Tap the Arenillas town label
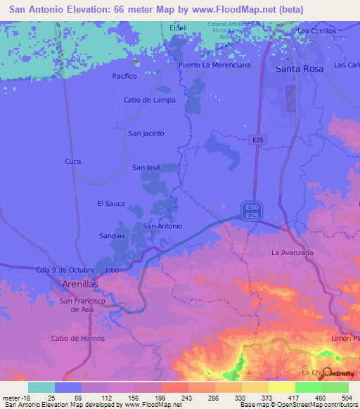(x=77, y=283)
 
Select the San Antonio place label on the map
(x=162, y=226)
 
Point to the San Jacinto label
(x=146, y=133)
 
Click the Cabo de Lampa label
(x=149, y=100)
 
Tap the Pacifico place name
(x=124, y=76)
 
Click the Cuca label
(x=73, y=161)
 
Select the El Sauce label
(x=111, y=204)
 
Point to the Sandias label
(x=112, y=236)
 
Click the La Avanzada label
(x=292, y=252)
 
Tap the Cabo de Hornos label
(x=78, y=338)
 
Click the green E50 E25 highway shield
(x=252, y=210)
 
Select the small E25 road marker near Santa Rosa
(x=258, y=141)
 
